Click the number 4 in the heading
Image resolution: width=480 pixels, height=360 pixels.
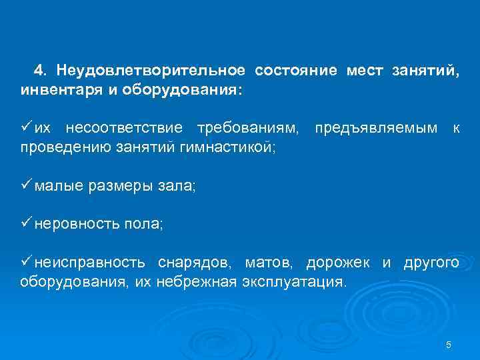(x=39, y=70)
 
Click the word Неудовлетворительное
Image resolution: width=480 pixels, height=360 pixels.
(x=154, y=70)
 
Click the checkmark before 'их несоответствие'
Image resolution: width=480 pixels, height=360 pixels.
(x=26, y=126)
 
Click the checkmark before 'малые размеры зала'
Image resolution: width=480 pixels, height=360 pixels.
(x=26, y=186)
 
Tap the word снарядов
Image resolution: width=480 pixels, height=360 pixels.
(x=199, y=263)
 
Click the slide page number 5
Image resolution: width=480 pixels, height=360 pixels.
(x=449, y=345)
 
